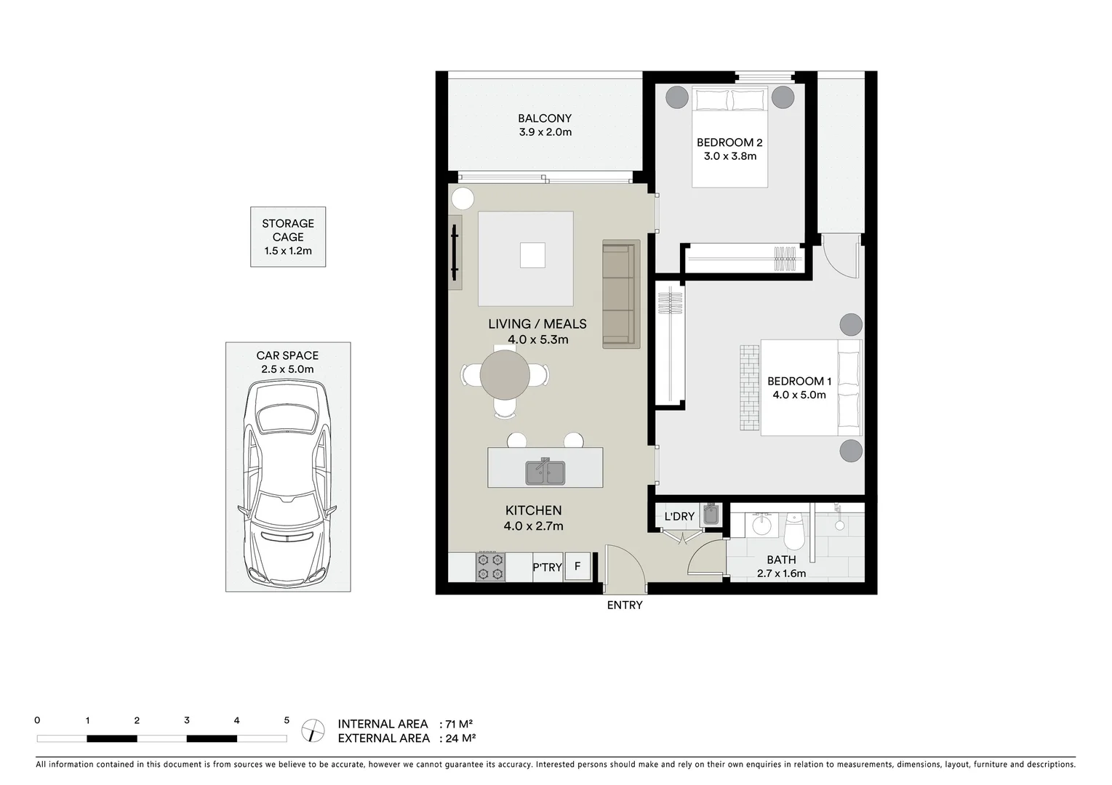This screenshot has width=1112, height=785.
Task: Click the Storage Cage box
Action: [288, 237]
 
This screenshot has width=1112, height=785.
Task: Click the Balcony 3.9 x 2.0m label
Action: [545, 125]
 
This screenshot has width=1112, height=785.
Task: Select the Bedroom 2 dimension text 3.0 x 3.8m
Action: [729, 156]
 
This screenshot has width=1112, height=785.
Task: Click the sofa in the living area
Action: [620, 294]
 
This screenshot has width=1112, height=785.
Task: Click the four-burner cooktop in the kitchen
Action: [490, 567]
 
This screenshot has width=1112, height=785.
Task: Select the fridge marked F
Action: [577, 566]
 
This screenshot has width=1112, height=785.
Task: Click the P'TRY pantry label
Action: [547, 567]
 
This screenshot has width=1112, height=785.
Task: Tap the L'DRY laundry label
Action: [679, 517]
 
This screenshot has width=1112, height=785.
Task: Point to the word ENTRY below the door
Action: [625, 605]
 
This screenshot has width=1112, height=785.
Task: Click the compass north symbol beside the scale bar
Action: [313, 729]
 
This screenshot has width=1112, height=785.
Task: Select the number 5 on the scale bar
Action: [287, 720]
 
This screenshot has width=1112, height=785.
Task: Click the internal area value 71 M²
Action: [459, 724]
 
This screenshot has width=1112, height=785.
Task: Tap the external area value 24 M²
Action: [460, 738]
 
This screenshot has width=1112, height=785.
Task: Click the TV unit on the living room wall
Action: [455, 252]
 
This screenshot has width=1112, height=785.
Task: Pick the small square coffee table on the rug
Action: [532, 255]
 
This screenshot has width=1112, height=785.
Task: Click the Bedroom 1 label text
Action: [799, 381]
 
